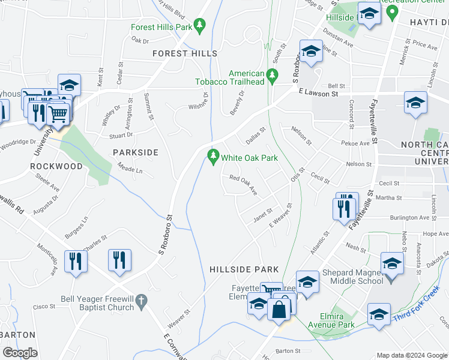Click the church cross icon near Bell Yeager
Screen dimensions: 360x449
coord(141,301)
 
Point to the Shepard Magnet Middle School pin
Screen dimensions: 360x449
coord(392,264)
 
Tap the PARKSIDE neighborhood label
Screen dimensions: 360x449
coord(136,152)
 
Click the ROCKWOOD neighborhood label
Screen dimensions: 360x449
coord(56,166)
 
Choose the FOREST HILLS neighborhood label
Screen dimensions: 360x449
coord(185,53)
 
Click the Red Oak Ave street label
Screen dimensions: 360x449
coord(244,185)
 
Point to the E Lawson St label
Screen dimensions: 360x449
coord(318,93)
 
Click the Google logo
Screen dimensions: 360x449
coord(20,353)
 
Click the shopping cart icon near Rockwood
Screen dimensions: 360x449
coord(58,112)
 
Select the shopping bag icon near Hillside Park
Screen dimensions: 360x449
coord(279,310)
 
